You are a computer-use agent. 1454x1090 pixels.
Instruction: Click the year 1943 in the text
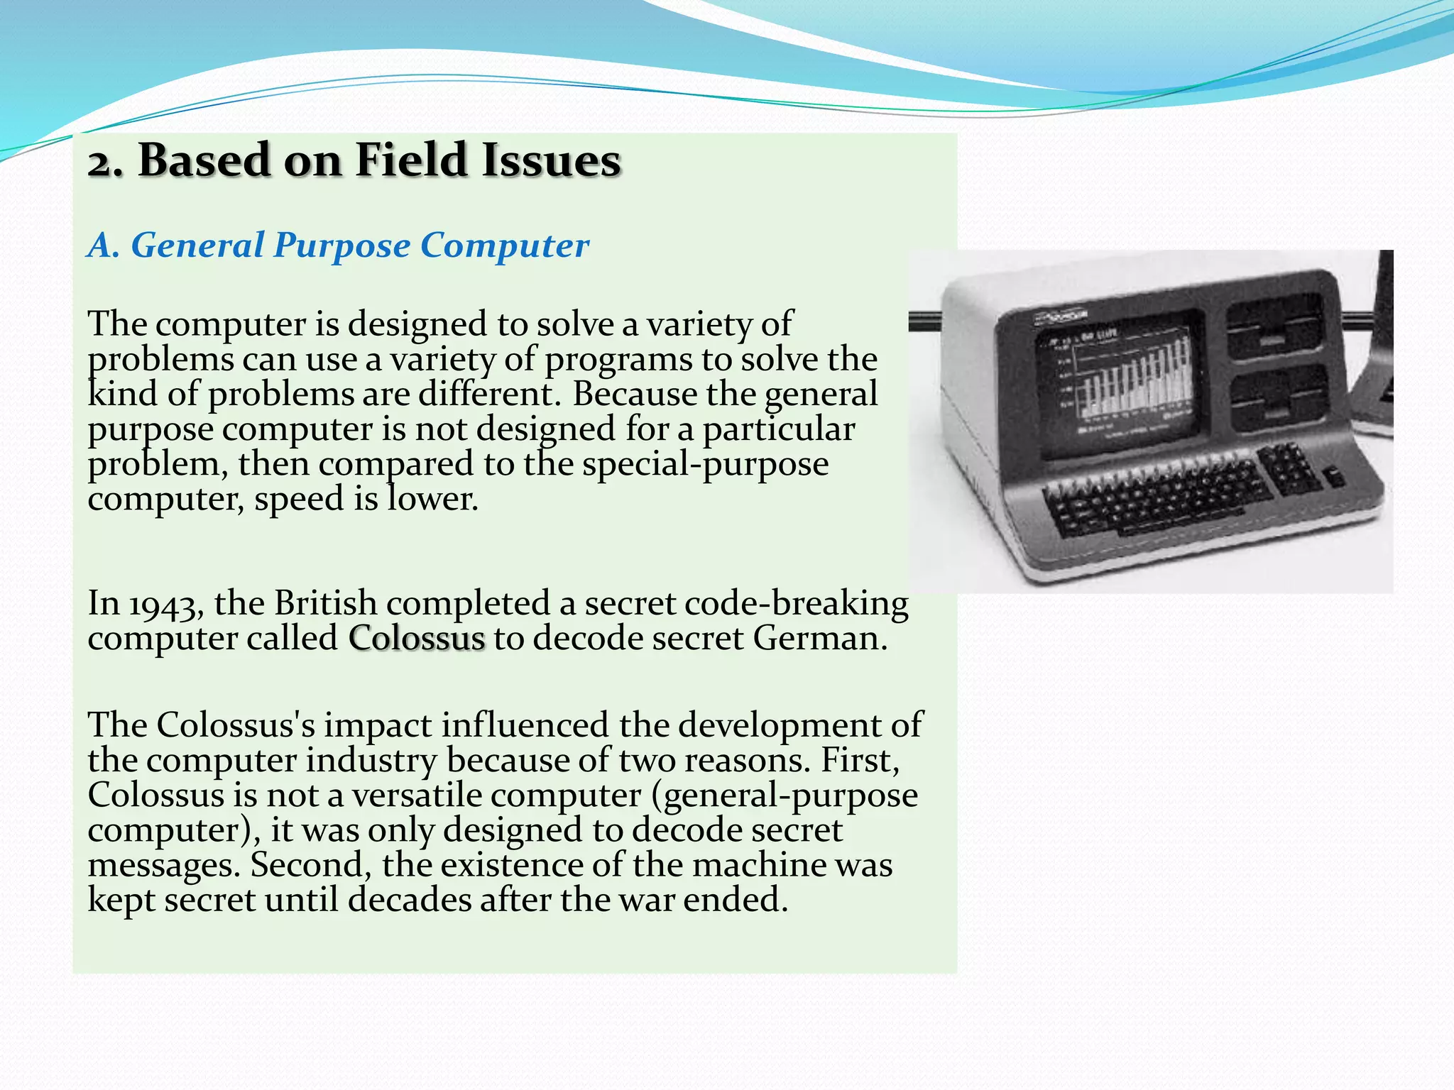[168, 605]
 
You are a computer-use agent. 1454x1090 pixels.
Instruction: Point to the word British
[325, 603]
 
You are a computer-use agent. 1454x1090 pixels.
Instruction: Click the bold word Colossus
[417, 638]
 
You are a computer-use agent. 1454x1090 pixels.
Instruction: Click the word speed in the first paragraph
[299, 499]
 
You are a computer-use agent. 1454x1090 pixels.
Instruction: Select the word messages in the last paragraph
[163, 866]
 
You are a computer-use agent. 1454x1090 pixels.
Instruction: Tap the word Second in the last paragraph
[310, 865]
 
